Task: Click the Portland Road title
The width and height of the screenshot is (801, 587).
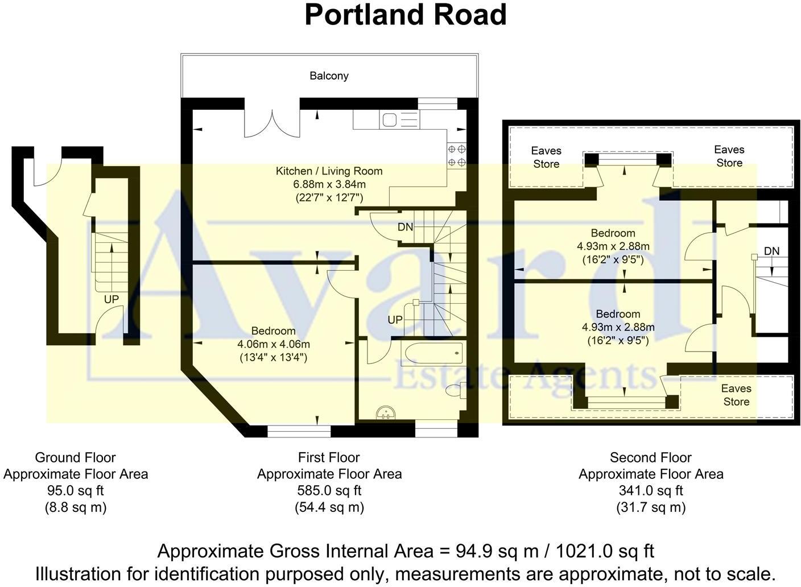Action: [x=405, y=15]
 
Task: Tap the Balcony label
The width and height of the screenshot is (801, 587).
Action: [x=329, y=76]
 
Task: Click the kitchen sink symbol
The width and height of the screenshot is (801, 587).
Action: [x=390, y=120]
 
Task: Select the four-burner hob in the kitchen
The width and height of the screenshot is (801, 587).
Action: [x=457, y=156]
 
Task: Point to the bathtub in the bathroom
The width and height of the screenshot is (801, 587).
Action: [x=432, y=353]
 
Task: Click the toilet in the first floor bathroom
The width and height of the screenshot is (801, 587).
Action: [x=454, y=391]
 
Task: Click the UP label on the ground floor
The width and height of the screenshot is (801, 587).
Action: [x=112, y=299]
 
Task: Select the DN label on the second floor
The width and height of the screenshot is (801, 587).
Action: [x=771, y=251]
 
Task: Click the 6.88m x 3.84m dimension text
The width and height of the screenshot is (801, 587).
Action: [x=329, y=184]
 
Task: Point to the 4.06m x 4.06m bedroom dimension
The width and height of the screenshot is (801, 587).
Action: [x=274, y=344]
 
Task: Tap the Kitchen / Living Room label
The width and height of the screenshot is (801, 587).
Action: [x=329, y=171]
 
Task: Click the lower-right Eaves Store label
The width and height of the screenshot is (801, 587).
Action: [x=736, y=395]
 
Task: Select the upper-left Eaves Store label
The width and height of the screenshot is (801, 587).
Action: [x=546, y=157]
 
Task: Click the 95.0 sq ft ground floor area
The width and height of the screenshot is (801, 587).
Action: [x=76, y=490]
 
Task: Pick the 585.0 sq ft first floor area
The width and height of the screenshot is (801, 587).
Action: [x=329, y=490]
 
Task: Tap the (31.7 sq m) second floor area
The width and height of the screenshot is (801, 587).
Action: [x=651, y=507]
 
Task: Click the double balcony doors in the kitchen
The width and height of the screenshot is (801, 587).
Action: [x=271, y=122]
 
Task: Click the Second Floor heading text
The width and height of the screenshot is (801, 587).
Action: [x=651, y=457]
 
